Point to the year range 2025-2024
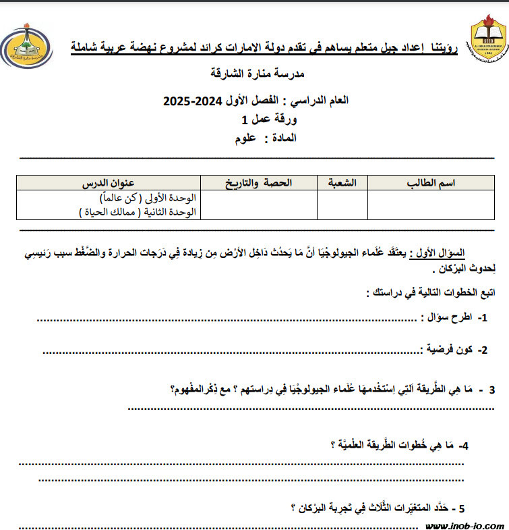pyautogui.click(x=191, y=101)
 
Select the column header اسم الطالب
pyautogui.click(x=431, y=183)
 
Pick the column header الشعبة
pyautogui.click(x=342, y=183)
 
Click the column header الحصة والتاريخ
pyautogui.click(x=258, y=183)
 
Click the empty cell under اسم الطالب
pyautogui.click(x=431, y=205)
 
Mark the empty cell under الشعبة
pyautogui.click(x=342, y=205)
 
